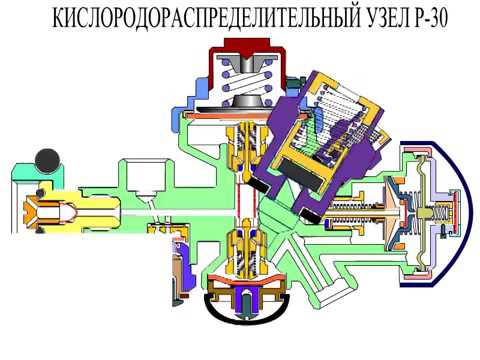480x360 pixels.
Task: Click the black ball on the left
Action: click(x=45, y=159)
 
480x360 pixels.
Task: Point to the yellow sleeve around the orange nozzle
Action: click(x=75, y=211)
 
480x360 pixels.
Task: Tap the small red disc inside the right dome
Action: click(x=439, y=210)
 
